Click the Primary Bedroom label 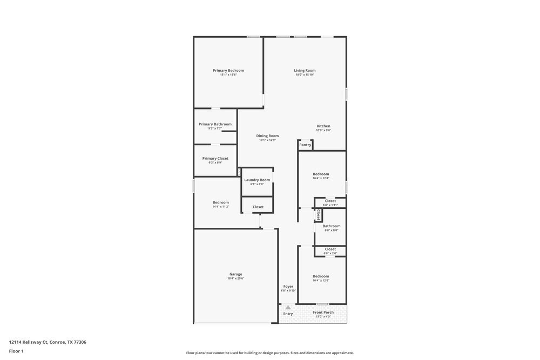pos(228,71)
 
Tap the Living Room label pos(305,71)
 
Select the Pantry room pos(305,145)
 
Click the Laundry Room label pos(257,180)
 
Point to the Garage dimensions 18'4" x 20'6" pos(236,279)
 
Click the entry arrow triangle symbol pos(288,307)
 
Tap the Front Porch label pos(323,313)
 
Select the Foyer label pos(288,287)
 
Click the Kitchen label pos(323,126)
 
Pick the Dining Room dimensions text pos(267,140)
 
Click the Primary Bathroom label pos(215,124)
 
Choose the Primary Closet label pos(215,159)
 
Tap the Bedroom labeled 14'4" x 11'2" pos(220,202)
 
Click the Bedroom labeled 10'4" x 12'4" pos(321,174)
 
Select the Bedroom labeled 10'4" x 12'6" pos(321,276)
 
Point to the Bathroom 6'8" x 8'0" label pos(331,226)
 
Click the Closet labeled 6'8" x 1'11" pos(330,201)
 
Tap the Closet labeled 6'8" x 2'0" pos(330,249)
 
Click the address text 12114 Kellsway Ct pos(48,342)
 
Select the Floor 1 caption pos(16,351)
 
